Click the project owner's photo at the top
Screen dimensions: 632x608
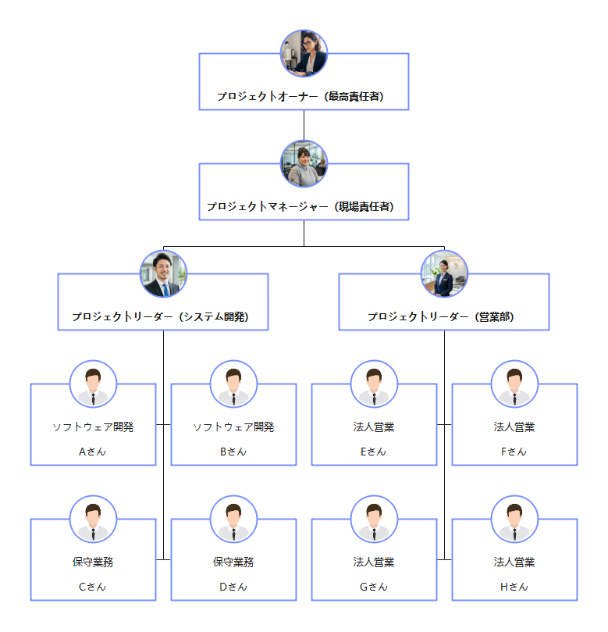tap(304, 53)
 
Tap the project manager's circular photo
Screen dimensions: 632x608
tap(304, 163)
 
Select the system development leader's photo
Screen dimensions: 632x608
tap(163, 273)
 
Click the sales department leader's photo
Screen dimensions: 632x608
tap(444, 273)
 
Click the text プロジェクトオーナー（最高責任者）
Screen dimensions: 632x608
tap(304, 97)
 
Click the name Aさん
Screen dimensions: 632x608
tap(93, 452)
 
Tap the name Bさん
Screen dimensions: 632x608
tap(233, 452)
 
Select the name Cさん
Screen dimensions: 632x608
tap(93, 587)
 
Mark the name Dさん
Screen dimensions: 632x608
tap(233, 587)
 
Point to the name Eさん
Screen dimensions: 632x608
tap(374, 452)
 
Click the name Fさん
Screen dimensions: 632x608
tap(514, 452)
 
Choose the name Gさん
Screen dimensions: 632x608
tap(374, 587)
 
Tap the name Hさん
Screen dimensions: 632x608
tap(514, 587)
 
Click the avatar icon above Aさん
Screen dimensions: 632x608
tap(93, 384)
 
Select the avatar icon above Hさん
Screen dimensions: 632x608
tap(514, 520)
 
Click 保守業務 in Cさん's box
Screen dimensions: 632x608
tap(93, 562)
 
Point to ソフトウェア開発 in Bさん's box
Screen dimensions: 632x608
tap(233, 427)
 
